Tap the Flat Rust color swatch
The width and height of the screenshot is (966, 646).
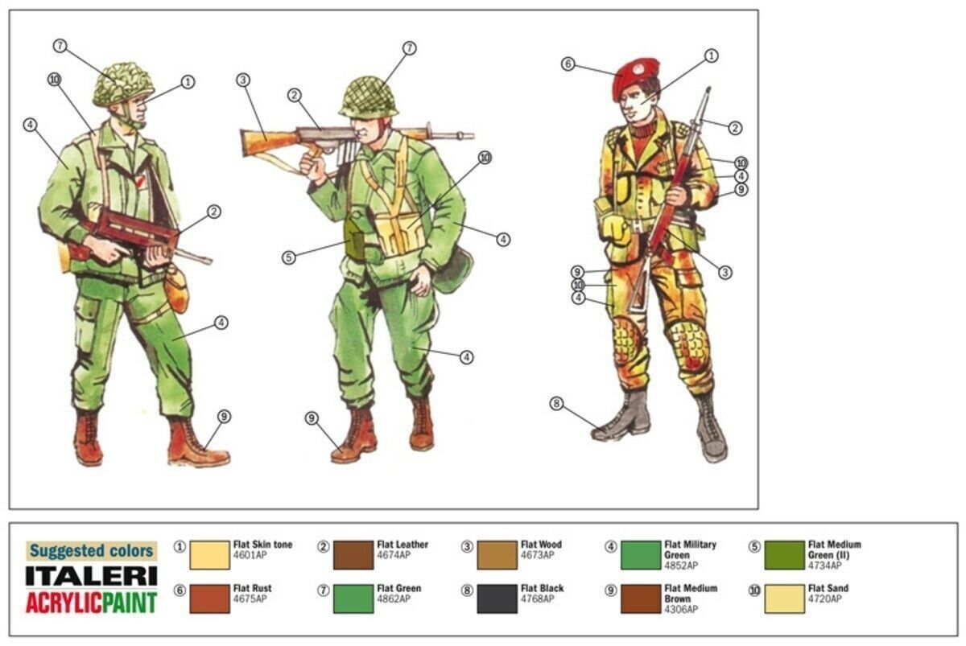coord(209,599)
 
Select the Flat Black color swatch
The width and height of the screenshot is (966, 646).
coord(497,599)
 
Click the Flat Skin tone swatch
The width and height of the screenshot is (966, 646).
coord(209,555)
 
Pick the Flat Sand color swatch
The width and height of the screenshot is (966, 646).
coord(784,599)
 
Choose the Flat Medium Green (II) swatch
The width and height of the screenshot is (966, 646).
coord(784,555)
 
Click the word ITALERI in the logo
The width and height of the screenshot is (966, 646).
coord(92,576)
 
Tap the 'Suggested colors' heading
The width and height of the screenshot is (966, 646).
coord(92,551)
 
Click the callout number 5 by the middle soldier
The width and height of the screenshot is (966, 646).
coord(288,257)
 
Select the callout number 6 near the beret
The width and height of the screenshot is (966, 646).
coord(568,64)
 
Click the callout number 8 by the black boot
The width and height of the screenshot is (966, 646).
coord(556,404)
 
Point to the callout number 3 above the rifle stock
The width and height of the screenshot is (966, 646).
coord(243,80)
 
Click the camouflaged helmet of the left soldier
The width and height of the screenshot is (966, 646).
coord(123,84)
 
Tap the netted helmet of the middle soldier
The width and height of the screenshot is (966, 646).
coord(369,97)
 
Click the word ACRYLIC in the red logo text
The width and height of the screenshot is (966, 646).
coord(64,603)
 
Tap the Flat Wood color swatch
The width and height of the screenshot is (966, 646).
coord(497,555)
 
